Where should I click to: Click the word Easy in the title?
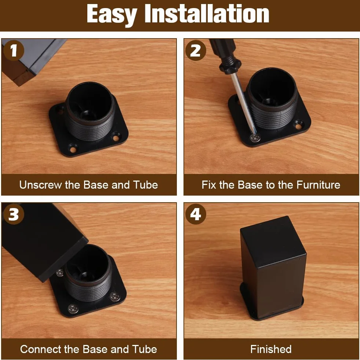[x=112, y=15]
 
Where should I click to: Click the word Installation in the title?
[x=207, y=14]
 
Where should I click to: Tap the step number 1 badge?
[x=14, y=50]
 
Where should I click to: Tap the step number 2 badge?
[x=196, y=50]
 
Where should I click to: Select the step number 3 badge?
[x=14, y=214]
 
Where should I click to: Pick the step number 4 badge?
[x=196, y=214]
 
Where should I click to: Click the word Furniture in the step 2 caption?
[x=318, y=185]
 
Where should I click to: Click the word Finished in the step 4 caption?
[x=271, y=349]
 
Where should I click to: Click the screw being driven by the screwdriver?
[x=255, y=138]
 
